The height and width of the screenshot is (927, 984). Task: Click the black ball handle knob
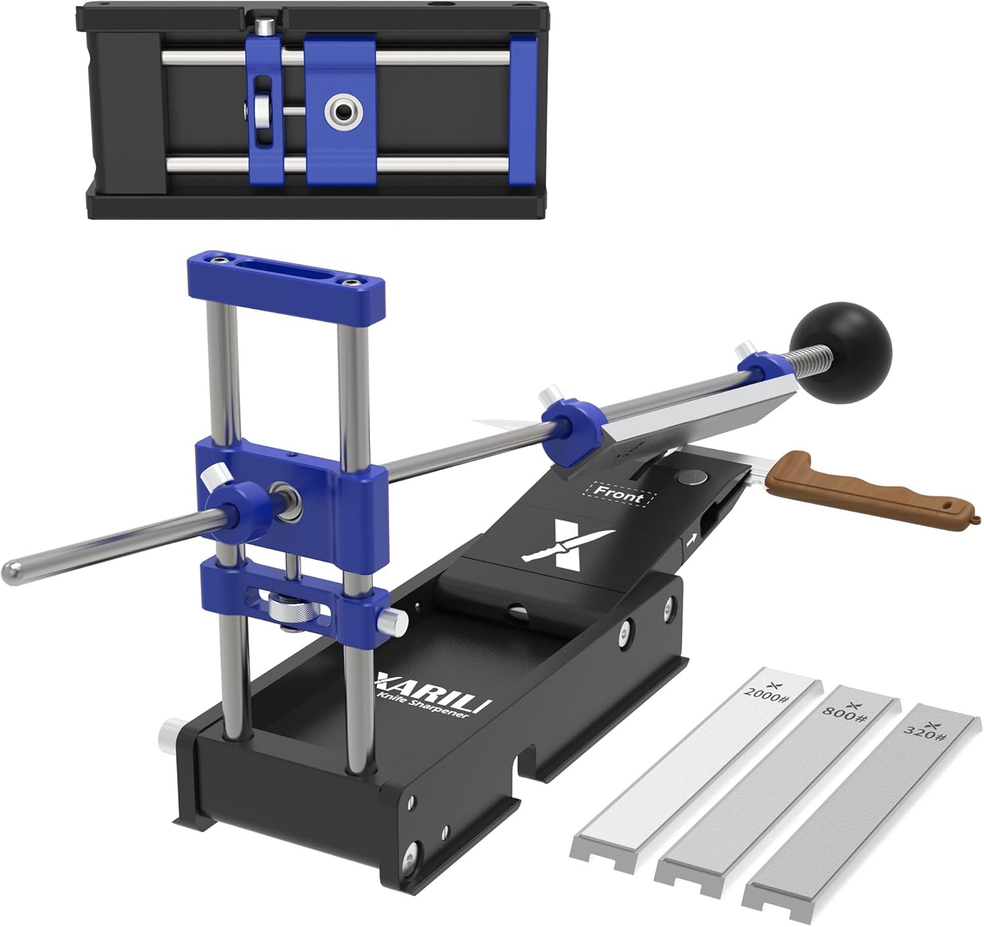coord(840,353)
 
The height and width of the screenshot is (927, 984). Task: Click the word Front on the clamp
coord(621,495)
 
